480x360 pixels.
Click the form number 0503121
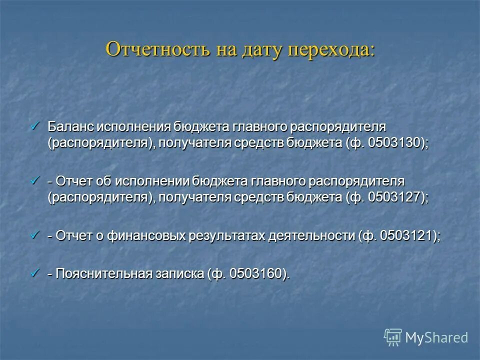coord(407,235)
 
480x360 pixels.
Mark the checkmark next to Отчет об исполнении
coord(35,179)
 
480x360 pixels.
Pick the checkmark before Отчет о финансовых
coord(35,234)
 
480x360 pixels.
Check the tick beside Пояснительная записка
coord(35,273)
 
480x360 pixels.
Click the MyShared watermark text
coord(436,337)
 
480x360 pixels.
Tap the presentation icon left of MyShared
coord(393,337)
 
